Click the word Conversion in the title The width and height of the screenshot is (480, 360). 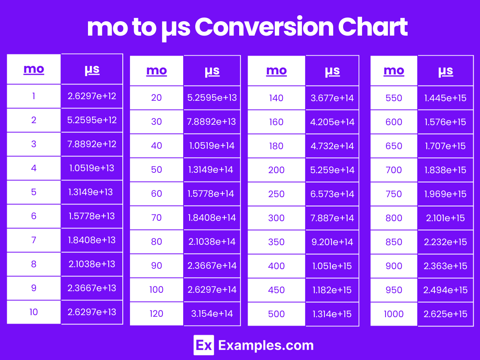point(264,27)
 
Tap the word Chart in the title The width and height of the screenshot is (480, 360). point(373,27)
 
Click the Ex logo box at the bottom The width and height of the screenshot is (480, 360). point(204,345)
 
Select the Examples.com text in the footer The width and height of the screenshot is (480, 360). point(266,345)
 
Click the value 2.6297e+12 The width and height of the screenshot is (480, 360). point(92,96)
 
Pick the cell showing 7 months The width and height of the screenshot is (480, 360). point(34,240)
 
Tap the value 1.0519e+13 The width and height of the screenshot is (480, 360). point(92,168)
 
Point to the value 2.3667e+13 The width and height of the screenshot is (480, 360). point(92,288)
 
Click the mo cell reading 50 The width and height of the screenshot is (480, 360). point(156,170)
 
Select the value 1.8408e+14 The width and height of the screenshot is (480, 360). point(212,218)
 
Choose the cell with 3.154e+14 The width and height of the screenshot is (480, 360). point(212,314)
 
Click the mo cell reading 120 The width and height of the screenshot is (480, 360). point(156,314)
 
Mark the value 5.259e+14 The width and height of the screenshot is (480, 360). point(332,170)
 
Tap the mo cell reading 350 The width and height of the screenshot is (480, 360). point(276,242)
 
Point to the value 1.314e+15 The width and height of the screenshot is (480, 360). point(332,314)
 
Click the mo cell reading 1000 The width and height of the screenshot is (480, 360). point(394,314)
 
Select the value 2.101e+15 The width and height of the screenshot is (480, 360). point(446,218)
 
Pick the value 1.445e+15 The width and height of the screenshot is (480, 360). point(446,98)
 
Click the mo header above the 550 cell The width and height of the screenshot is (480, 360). point(394,71)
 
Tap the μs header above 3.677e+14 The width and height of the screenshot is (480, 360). point(332,71)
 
